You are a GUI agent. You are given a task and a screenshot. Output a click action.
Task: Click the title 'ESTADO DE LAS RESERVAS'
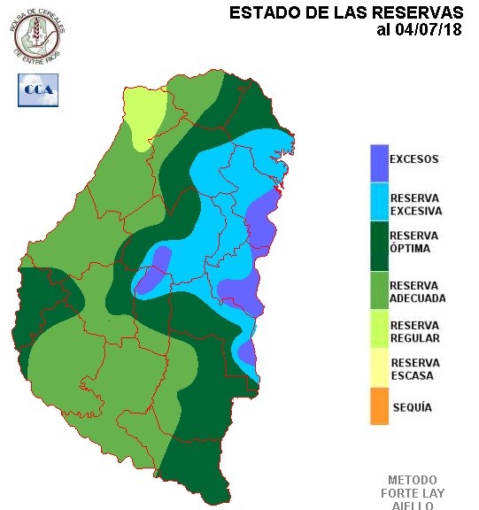tap(346, 12)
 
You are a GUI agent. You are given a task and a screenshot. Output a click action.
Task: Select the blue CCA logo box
tap(37, 89)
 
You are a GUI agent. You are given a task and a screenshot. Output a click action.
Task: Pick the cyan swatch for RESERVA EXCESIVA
tap(379, 203)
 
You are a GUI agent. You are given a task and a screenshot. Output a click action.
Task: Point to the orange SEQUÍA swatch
tap(379, 407)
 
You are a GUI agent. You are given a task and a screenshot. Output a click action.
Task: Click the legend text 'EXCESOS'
tap(414, 160)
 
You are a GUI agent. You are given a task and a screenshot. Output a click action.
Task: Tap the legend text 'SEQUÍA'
tap(411, 407)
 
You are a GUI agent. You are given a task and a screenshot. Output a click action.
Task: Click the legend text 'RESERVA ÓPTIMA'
tap(414, 242)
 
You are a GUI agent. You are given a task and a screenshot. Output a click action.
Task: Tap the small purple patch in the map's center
tap(154, 270)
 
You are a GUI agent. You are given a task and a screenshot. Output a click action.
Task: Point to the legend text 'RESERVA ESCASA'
tap(415, 369)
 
